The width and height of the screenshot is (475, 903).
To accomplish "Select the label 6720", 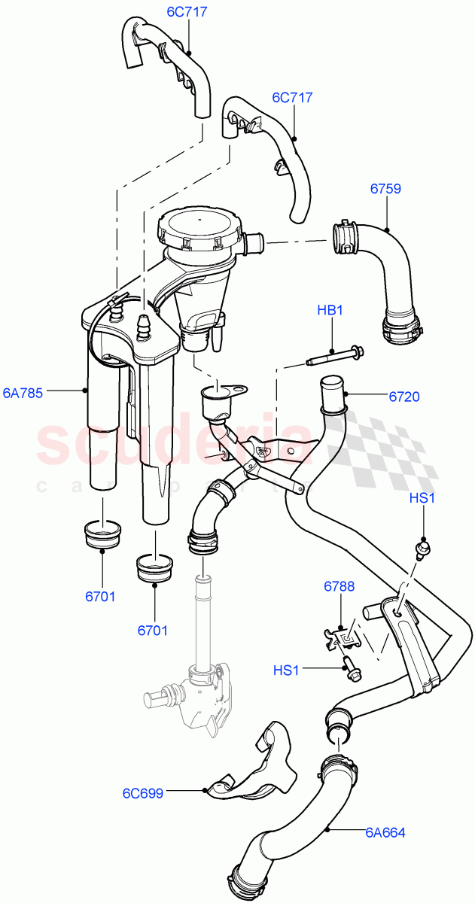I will [404, 397].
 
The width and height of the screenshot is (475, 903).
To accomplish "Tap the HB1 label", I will [329, 310].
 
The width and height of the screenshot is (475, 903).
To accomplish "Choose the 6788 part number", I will [340, 586].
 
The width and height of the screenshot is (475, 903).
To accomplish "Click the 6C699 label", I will [142, 793].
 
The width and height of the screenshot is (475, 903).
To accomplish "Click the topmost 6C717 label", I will [187, 13].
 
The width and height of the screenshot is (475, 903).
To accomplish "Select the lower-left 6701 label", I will [99, 597].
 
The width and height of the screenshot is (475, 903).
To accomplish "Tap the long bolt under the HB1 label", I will [335, 355].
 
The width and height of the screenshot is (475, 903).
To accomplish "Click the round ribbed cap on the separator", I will [199, 227].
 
